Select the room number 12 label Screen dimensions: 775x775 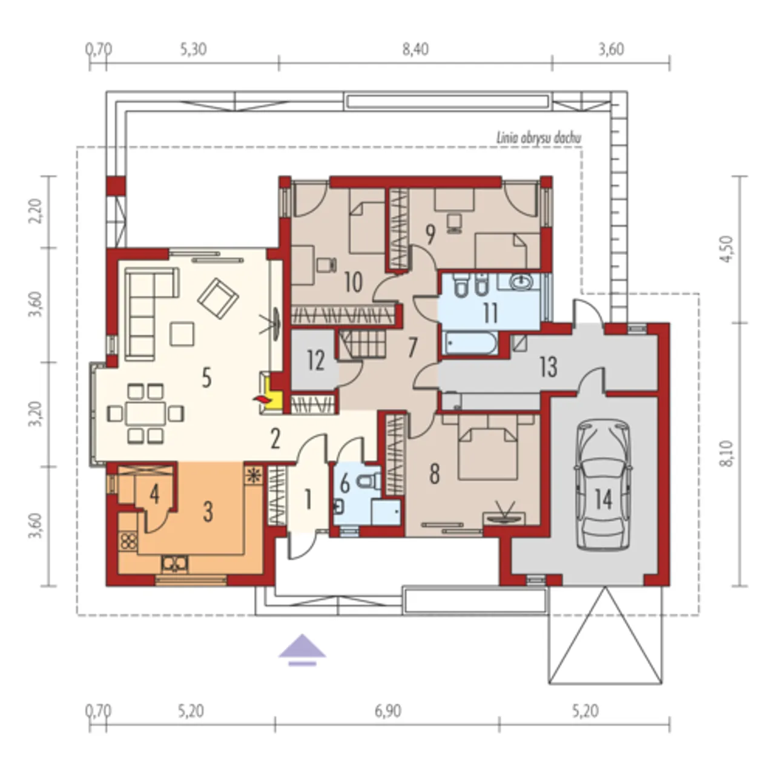pos(315,360)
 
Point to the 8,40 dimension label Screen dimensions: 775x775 pos(416,50)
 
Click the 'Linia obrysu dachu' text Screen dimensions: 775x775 pos(539,139)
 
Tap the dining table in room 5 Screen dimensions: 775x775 pos(145,413)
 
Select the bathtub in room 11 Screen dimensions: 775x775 pos(470,343)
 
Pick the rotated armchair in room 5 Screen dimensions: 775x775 pos(218,298)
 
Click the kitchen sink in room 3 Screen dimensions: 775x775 pos(174,564)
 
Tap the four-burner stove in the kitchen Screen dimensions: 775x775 pos(129,541)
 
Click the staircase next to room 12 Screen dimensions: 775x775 pos(363,345)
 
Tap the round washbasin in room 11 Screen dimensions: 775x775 pos(522,282)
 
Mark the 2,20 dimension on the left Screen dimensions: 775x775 pos(37,211)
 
